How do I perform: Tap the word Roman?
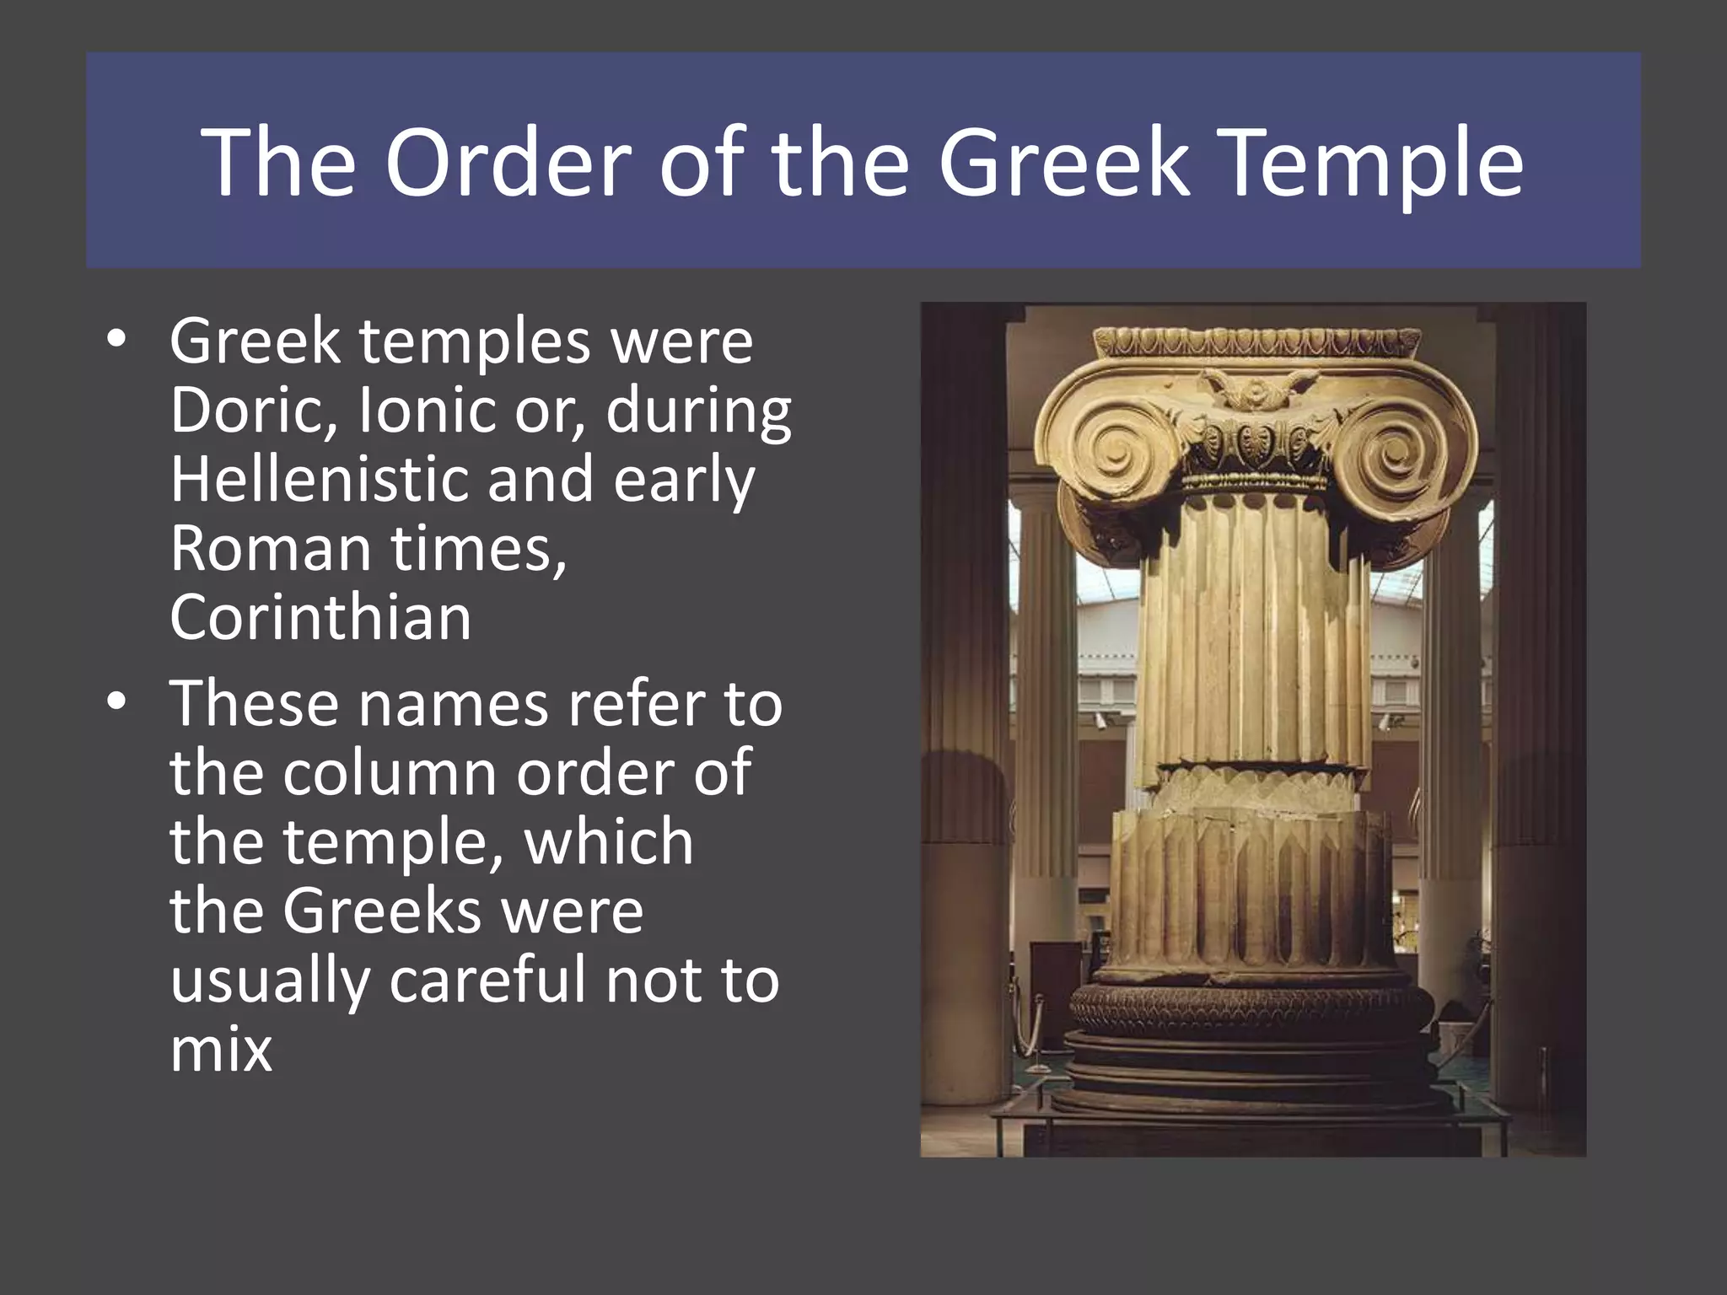(270, 548)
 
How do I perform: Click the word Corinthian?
(320, 617)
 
